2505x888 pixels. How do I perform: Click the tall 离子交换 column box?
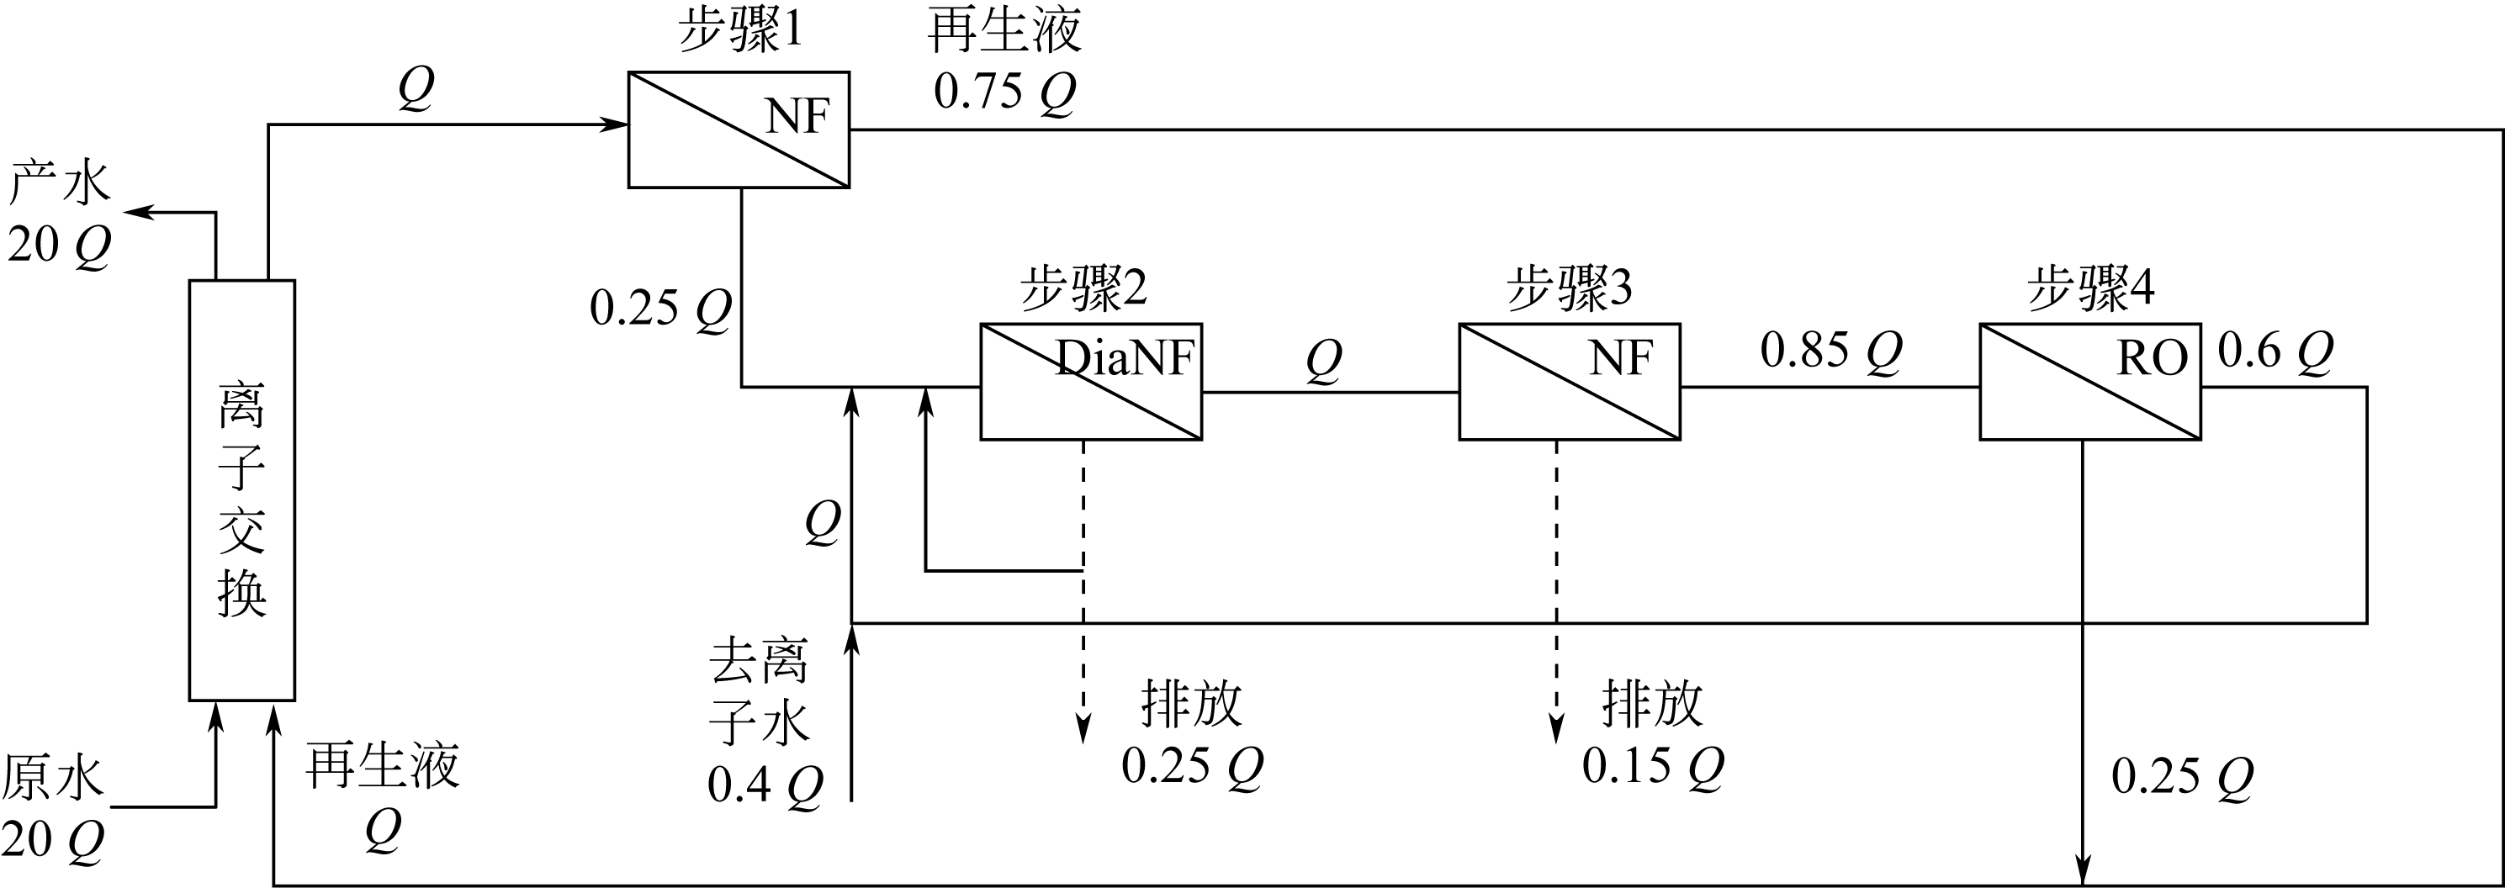[x=241, y=490]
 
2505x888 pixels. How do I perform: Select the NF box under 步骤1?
[x=738, y=129]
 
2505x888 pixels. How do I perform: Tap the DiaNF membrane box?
[x=1090, y=381]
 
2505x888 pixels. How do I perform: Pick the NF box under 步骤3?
[x=1569, y=381]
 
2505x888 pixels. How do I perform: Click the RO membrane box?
[x=2089, y=381]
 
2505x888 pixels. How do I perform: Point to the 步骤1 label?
[x=739, y=31]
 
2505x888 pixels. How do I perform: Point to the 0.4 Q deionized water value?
[x=765, y=785]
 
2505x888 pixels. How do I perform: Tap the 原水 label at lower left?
[x=52, y=778]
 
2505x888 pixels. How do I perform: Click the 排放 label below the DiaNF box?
[x=1191, y=704]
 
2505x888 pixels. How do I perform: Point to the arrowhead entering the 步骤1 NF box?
[x=615, y=124]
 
